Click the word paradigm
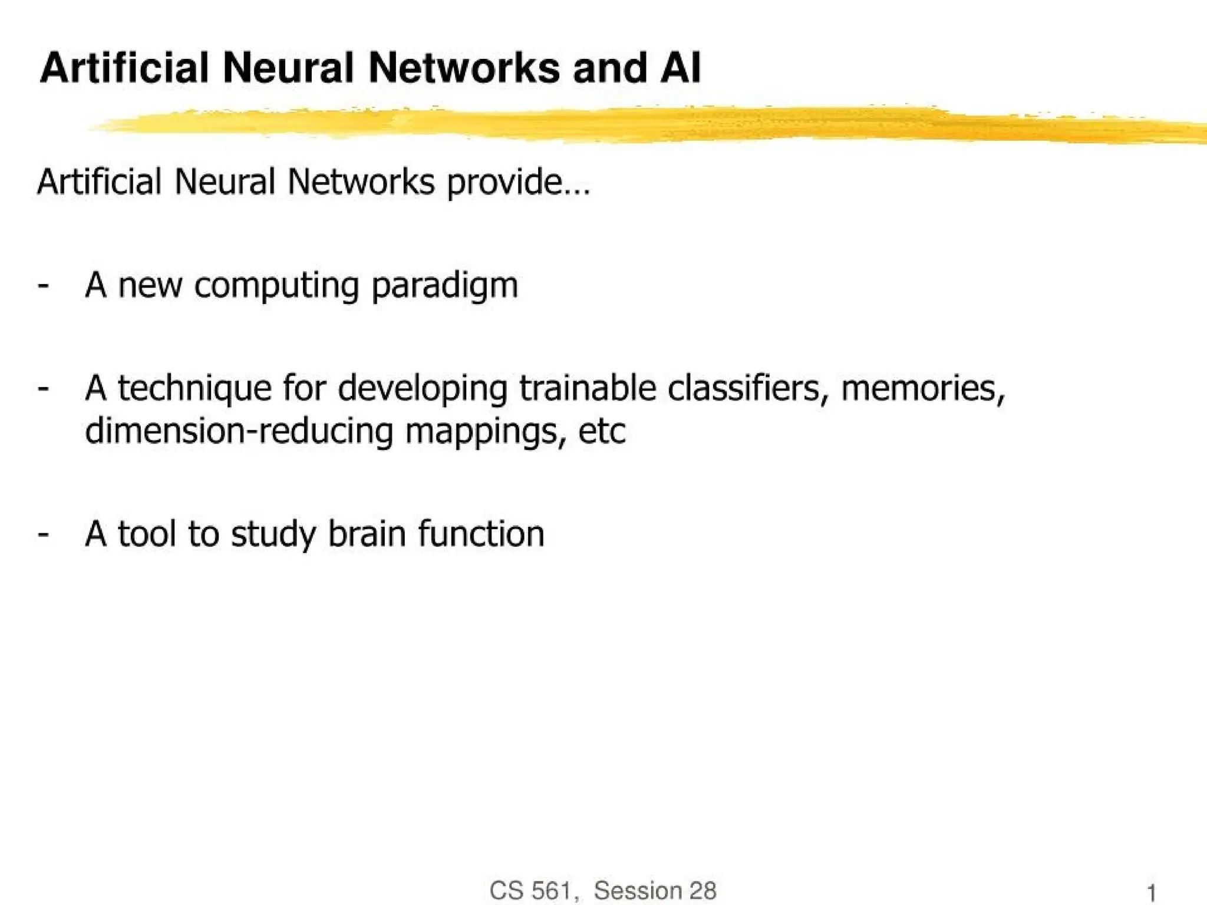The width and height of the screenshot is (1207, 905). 445,286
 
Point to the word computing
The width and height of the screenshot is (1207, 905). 276,286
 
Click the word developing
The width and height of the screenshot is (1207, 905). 423,389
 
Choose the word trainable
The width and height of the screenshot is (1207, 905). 588,389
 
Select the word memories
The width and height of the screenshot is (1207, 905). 923,389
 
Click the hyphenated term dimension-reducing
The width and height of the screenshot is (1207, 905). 239,432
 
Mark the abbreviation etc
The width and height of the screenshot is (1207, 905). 602,432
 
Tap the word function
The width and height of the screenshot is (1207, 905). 482,534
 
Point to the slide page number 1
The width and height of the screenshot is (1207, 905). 1151,893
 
